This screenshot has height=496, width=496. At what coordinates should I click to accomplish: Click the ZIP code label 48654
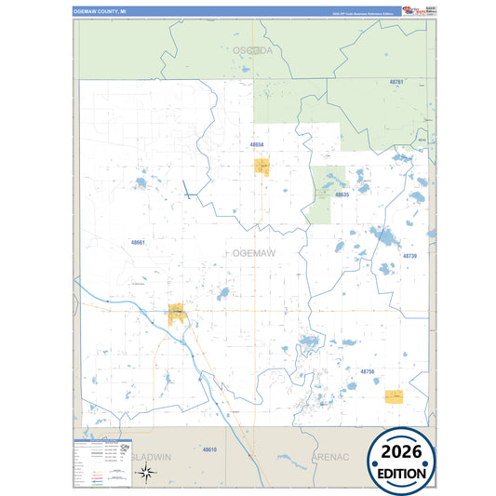pos(257,145)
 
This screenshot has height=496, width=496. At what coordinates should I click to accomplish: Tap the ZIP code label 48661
pos(138,242)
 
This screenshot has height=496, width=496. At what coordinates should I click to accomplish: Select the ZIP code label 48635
pos(342,194)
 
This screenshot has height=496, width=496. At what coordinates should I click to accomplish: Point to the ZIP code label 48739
pos(409,255)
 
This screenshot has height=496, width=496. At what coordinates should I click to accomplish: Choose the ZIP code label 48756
pos(367,371)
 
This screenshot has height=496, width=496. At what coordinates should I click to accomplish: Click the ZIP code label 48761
pos(396,83)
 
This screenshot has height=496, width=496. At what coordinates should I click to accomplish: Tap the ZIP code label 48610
pos(209,449)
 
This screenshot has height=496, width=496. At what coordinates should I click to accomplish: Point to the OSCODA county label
pos(253,50)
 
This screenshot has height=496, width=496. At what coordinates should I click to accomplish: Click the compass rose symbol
pos(146,472)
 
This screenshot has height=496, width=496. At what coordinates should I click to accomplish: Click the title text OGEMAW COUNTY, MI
pos(101,11)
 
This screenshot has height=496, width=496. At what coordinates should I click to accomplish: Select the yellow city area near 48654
pos(261,167)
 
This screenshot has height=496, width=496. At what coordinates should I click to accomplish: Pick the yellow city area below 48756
pos(394,396)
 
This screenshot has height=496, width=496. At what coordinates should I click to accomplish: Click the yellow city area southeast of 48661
pos(177,313)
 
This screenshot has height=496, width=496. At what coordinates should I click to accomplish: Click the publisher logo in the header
pos(411,11)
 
